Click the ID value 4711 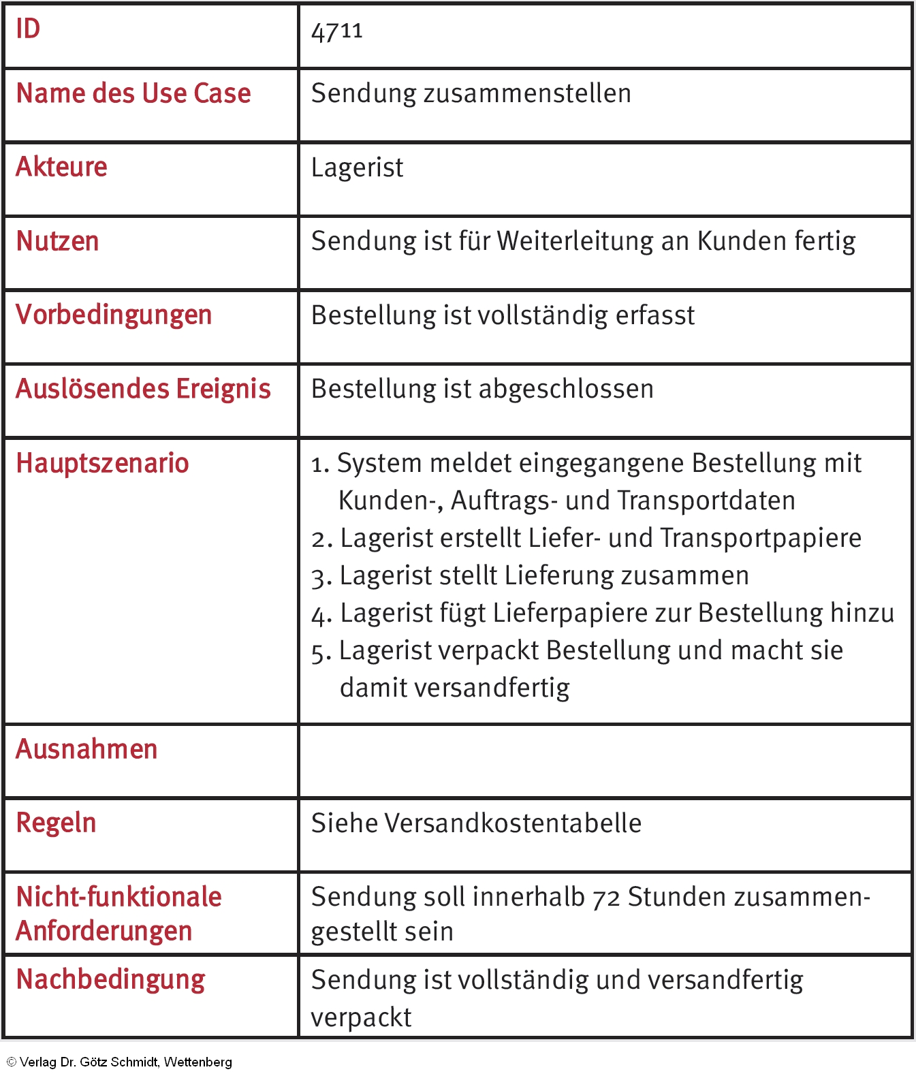point(336,31)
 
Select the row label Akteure point(61,167)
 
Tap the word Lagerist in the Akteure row point(357,168)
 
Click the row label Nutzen point(57,241)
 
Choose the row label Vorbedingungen point(114,315)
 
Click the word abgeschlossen point(567,389)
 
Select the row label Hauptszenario point(102,463)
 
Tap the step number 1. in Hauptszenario point(320,464)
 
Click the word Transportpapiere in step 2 point(761,538)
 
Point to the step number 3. point(321,577)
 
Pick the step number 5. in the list point(321,652)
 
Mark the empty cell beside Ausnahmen point(605,761)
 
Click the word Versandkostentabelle point(512,823)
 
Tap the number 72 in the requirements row point(605,898)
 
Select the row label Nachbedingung point(110,980)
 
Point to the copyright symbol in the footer point(11,1062)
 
